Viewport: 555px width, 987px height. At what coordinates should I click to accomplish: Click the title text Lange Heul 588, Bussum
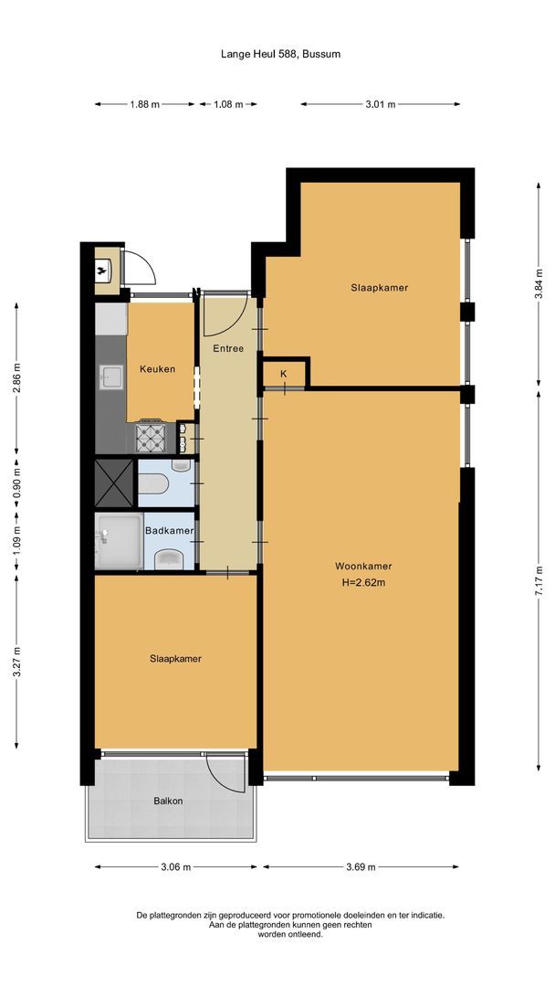(280, 54)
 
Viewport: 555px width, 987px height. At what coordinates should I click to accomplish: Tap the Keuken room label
(157, 369)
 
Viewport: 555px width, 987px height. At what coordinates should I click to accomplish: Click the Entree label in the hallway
(228, 348)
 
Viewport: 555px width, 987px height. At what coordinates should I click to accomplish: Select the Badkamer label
(170, 531)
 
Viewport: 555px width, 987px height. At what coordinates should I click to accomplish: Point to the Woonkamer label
(362, 566)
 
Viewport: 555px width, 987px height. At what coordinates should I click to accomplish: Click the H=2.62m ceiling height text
(362, 583)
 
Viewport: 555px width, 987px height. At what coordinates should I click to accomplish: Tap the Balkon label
(168, 801)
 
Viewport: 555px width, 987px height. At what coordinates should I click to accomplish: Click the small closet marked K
(284, 374)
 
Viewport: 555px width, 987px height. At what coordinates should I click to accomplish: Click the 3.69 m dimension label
(361, 868)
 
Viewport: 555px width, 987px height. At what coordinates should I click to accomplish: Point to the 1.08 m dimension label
(228, 104)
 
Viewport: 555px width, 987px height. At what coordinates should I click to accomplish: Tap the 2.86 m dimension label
(16, 377)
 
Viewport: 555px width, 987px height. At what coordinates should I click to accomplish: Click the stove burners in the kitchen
(152, 439)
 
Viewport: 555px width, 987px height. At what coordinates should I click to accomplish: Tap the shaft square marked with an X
(114, 482)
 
